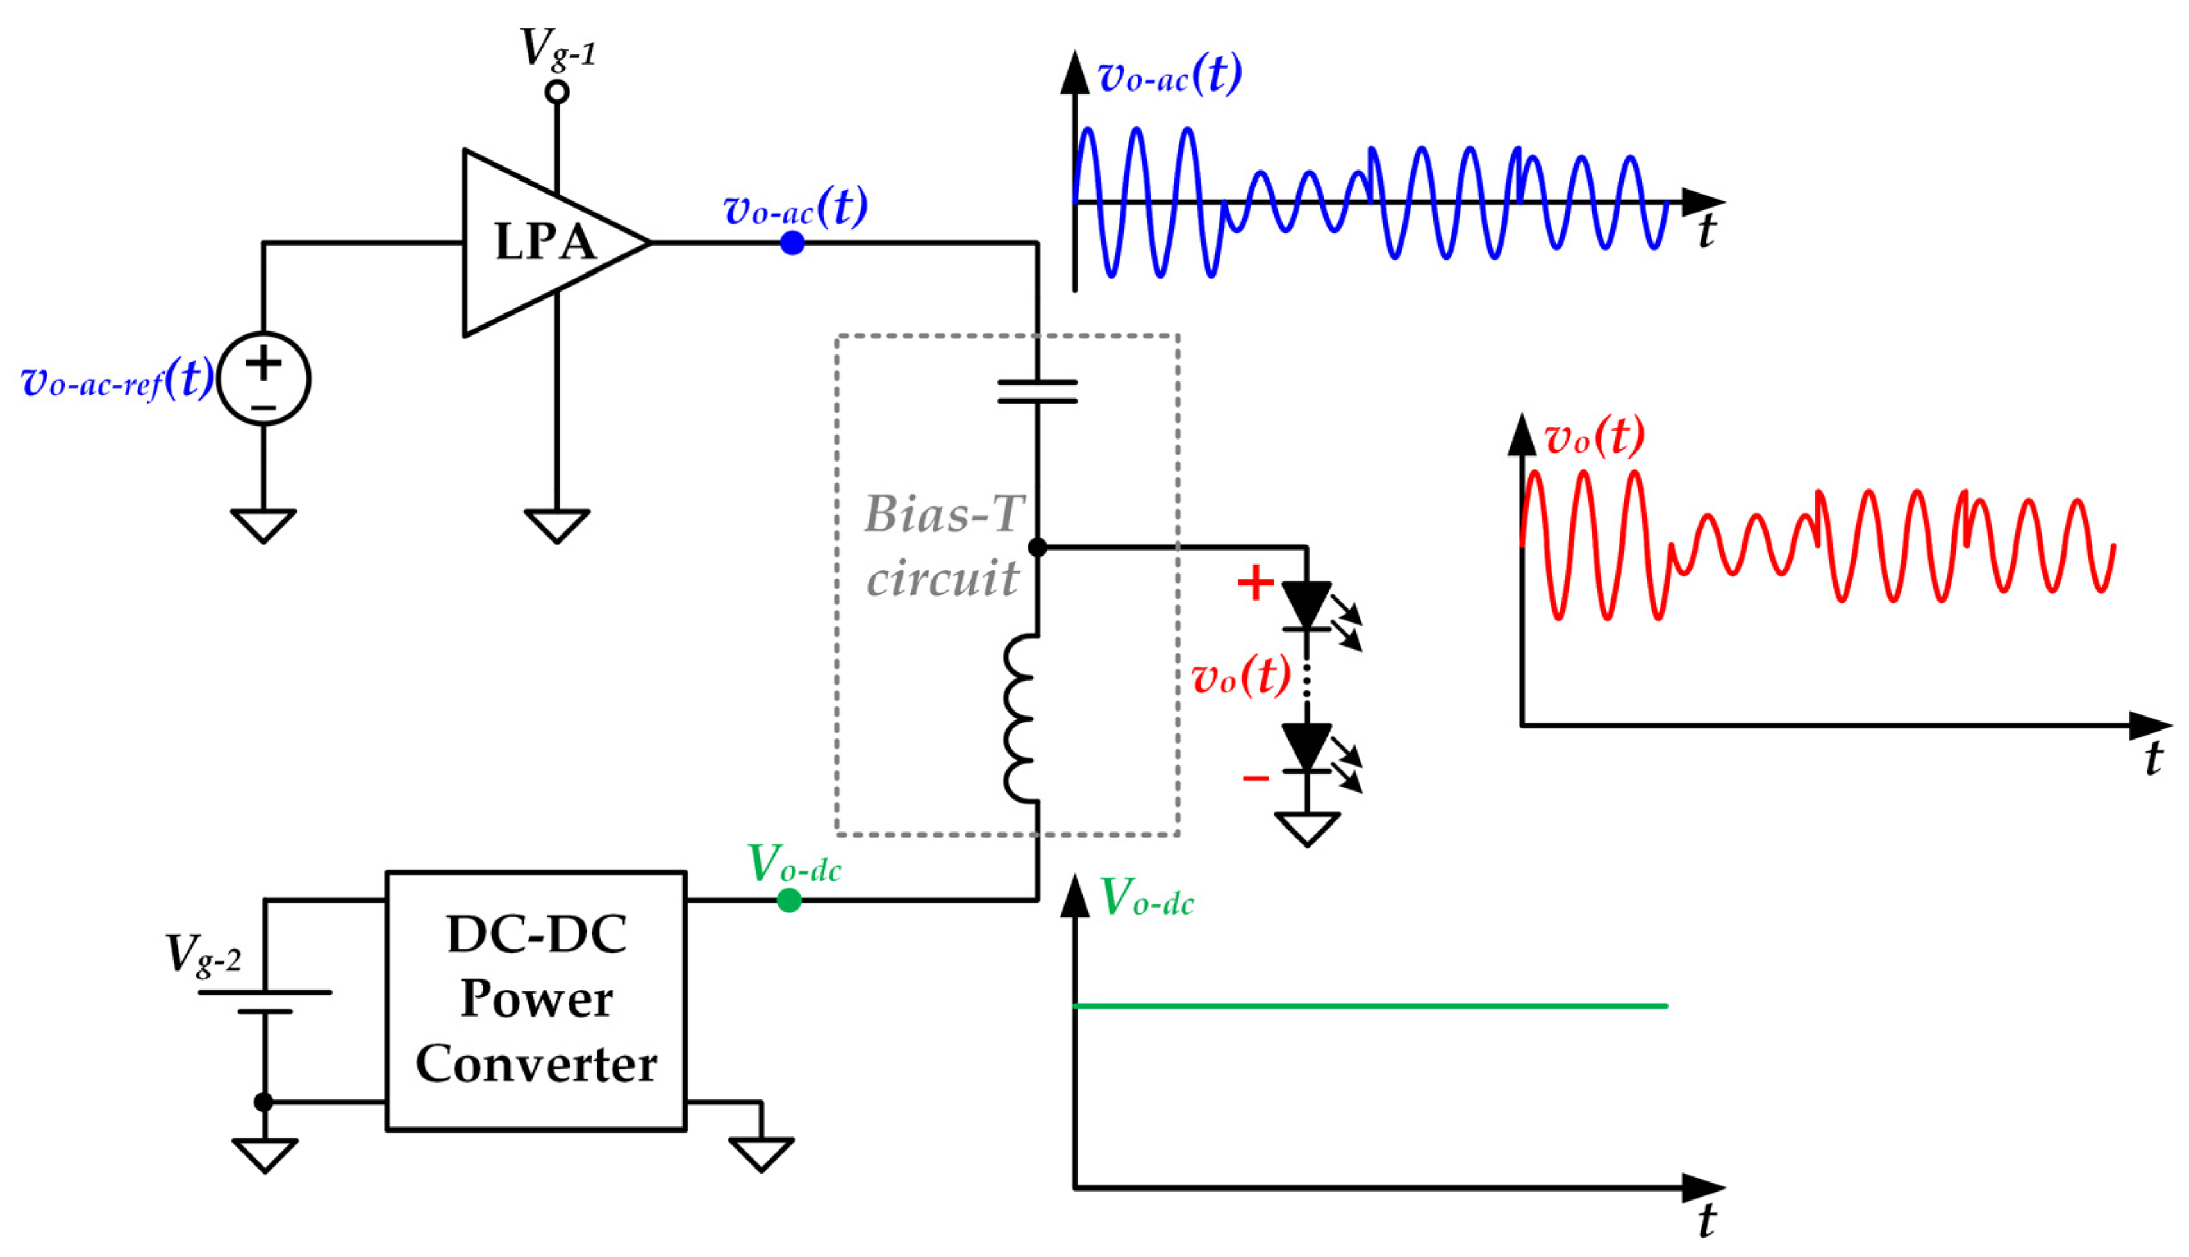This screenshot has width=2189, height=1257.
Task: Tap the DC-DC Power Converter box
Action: [536, 1000]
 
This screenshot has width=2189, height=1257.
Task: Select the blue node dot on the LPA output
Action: [792, 244]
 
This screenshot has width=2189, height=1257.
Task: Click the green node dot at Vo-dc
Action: [788, 901]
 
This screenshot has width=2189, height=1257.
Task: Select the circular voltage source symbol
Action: [263, 378]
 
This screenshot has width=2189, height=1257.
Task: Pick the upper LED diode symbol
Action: [1306, 605]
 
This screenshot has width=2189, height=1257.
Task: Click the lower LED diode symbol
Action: [1306, 747]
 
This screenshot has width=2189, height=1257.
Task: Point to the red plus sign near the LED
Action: [1255, 582]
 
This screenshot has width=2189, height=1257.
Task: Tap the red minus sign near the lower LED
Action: [1255, 779]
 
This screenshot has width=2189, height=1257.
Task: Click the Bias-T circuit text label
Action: [944, 545]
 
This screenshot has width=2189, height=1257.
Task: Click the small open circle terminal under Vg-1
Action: [557, 92]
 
